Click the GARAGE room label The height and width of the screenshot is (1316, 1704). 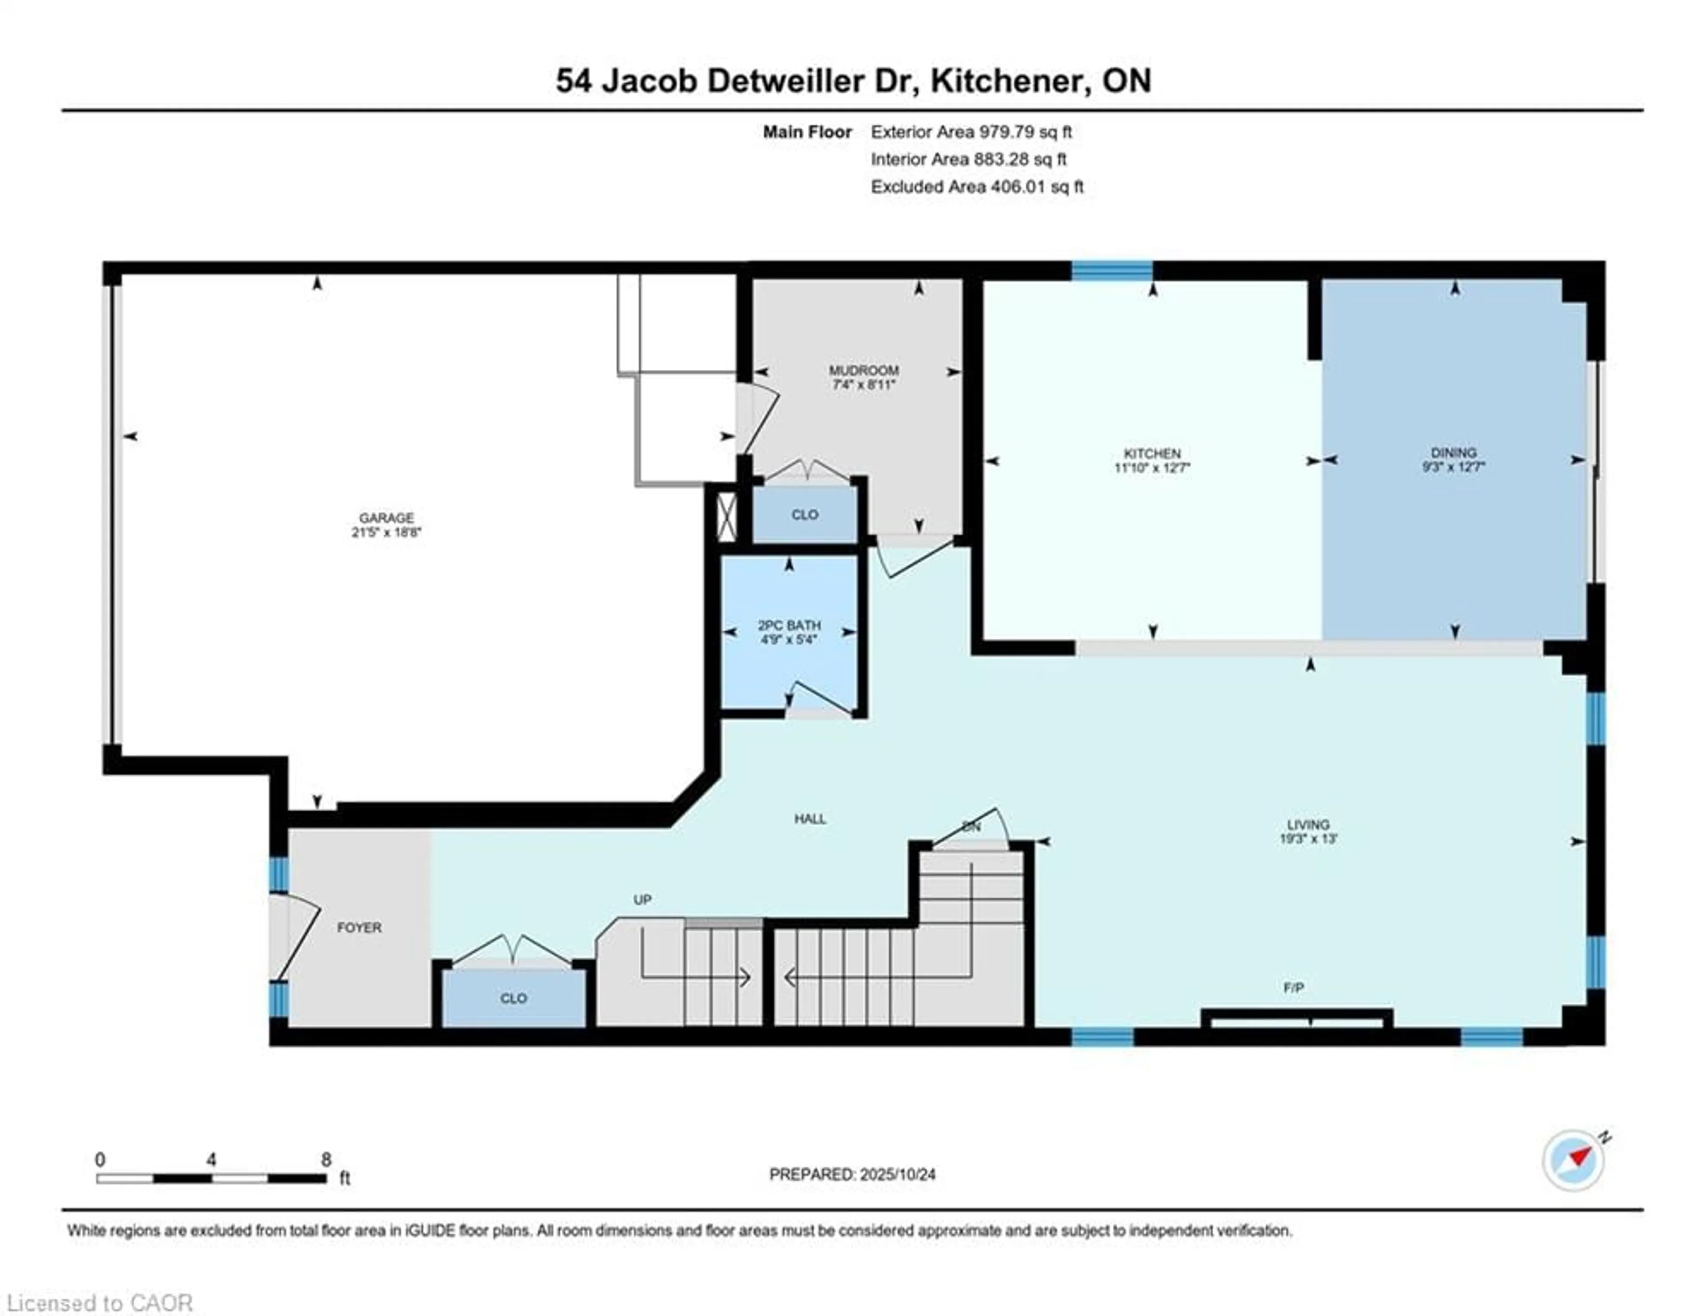[386, 518]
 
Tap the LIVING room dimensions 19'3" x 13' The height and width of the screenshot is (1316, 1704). [1309, 839]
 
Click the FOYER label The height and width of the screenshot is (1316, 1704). [359, 928]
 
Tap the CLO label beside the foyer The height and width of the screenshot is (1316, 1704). [513, 998]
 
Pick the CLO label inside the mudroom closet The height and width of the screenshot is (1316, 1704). [805, 515]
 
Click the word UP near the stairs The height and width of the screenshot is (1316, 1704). [642, 899]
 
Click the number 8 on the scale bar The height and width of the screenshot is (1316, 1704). [326, 1159]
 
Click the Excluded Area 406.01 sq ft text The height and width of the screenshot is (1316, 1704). [977, 186]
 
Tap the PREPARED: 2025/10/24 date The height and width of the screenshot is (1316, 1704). [852, 1174]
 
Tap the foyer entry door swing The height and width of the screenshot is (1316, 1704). [296, 937]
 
